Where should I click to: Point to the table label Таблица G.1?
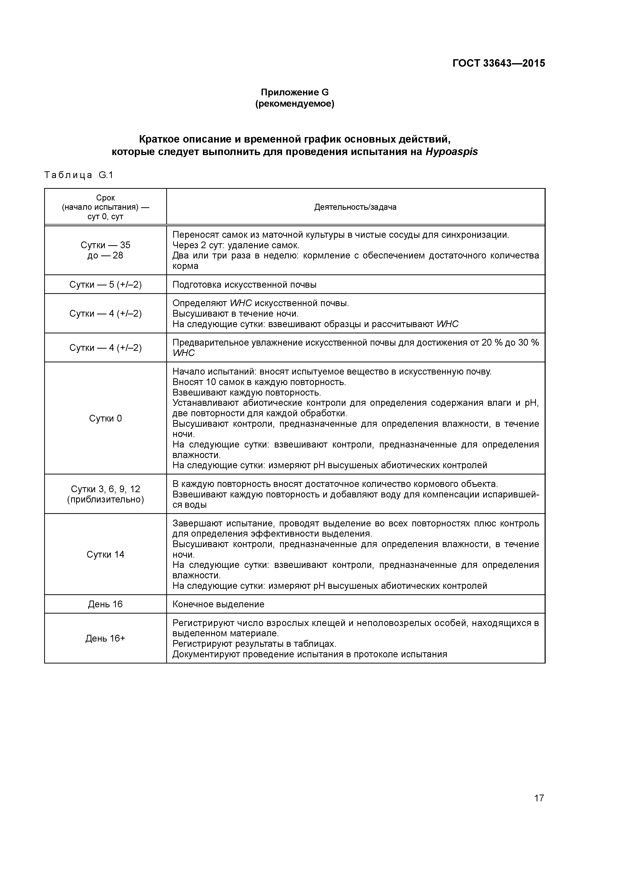click(79, 175)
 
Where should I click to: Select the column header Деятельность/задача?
click(355, 207)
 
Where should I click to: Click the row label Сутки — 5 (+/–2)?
click(105, 285)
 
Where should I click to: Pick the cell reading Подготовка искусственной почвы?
click(244, 285)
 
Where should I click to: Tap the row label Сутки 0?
click(105, 419)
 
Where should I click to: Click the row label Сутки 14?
click(105, 554)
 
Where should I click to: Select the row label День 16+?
click(105, 638)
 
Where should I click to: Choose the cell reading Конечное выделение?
click(218, 604)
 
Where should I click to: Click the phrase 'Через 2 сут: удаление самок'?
click(236, 245)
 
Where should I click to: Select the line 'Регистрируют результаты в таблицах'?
click(254, 644)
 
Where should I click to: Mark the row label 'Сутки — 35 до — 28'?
click(105, 250)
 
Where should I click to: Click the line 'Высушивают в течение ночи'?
click(235, 314)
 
